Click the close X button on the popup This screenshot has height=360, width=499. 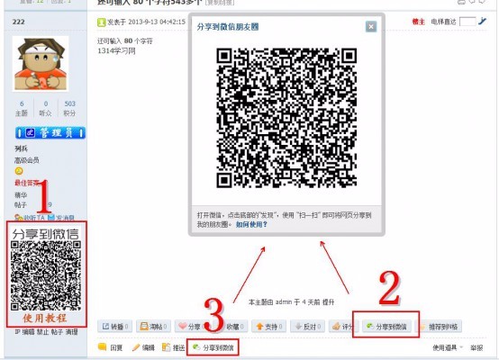371,27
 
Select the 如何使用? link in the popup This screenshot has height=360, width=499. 252,224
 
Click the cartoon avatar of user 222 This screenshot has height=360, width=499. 41,64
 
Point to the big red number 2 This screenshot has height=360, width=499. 389,290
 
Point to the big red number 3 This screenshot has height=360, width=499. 213,317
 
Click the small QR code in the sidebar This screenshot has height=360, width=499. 45,275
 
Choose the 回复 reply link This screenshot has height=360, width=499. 113,346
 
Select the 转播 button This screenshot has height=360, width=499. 115,326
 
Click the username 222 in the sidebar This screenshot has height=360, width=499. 18,19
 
